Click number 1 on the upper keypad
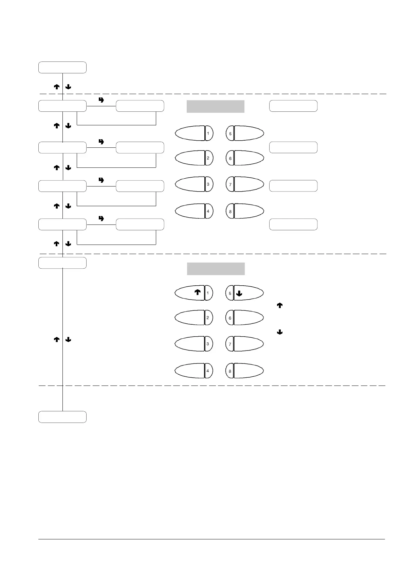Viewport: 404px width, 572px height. point(208,133)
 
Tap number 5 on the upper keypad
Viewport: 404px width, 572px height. point(230,134)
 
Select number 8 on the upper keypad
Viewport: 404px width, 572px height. point(230,212)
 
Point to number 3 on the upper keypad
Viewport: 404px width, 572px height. point(208,184)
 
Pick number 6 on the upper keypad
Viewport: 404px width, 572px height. point(230,158)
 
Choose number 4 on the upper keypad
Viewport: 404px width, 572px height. point(208,211)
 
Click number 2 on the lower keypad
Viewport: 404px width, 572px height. point(208,318)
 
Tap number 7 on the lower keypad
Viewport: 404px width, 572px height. point(230,344)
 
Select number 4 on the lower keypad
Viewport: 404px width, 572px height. point(208,371)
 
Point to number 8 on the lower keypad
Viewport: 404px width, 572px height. point(230,371)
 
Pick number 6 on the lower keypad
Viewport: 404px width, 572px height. point(230,318)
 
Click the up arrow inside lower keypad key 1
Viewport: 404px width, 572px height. point(197,292)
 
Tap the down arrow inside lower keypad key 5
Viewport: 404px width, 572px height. point(239,294)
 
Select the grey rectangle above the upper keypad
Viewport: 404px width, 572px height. point(216,106)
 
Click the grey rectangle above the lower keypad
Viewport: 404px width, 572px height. point(216,269)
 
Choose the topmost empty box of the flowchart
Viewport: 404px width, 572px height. point(62,68)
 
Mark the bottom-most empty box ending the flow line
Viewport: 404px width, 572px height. point(62,417)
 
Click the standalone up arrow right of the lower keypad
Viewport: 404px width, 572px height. point(280,306)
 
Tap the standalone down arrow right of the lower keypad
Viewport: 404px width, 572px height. point(280,332)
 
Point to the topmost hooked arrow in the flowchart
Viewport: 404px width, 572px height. point(101,100)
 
